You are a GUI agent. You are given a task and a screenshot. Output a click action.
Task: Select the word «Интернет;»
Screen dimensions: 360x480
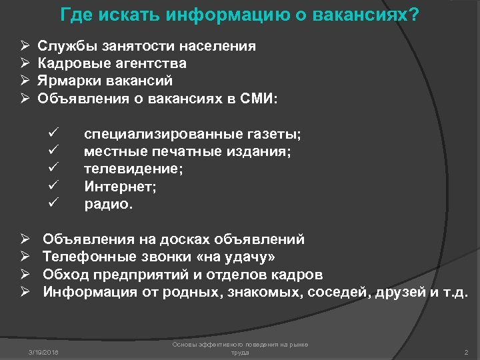pyautogui.click(x=120, y=187)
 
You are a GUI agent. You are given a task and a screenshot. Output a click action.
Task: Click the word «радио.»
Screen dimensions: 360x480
pyautogui.click(x=109, y=204)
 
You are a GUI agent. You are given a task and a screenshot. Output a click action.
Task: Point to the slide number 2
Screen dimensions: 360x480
pyautogui.click(x=465, y=351)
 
